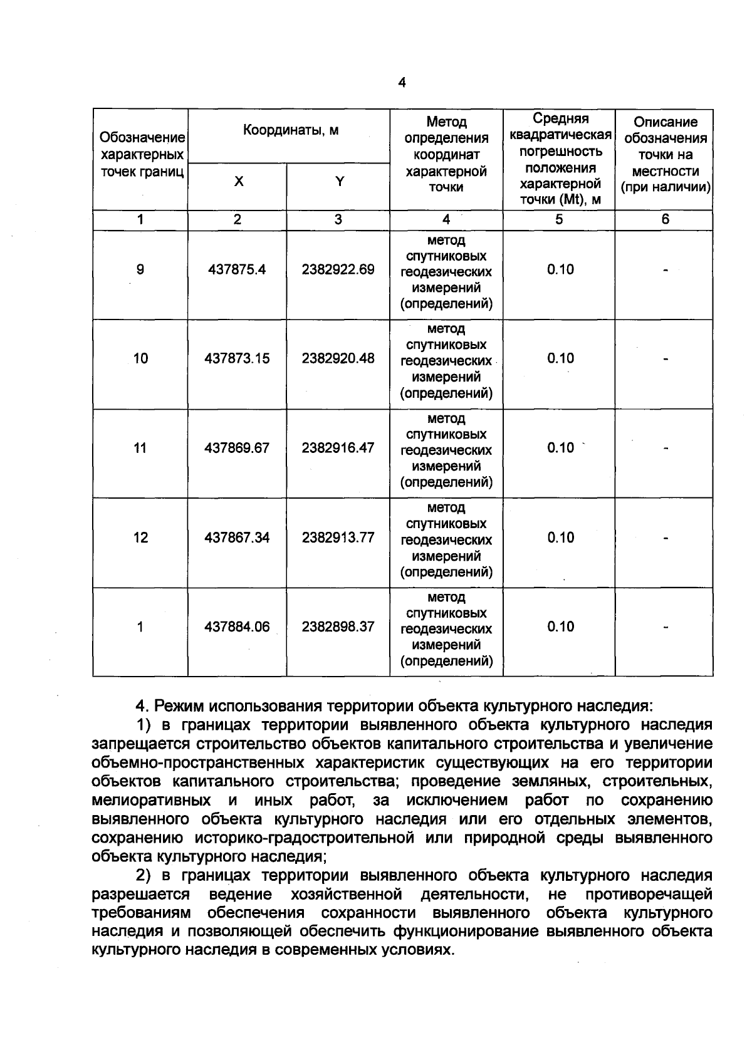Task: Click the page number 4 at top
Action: [x=402, y=83]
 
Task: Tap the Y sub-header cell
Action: [x=339, y=182]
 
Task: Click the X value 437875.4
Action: [x=237, y=269]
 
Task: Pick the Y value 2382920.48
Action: [x=338, y=358]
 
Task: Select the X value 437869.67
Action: [x=237, y=448]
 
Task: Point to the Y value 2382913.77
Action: [x=338, y=538]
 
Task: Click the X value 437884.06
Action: [x=237, y=626]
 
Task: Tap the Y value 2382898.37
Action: [x=338, y=626]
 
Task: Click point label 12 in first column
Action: [x=140, y=538]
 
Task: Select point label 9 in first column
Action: [x=140, y=269]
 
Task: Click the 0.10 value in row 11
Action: [x=560, y=448]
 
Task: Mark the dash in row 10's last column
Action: [x=666, y=359]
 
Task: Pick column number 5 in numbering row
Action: [x=559, y=219]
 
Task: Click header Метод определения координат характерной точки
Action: [x=446, y=154]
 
